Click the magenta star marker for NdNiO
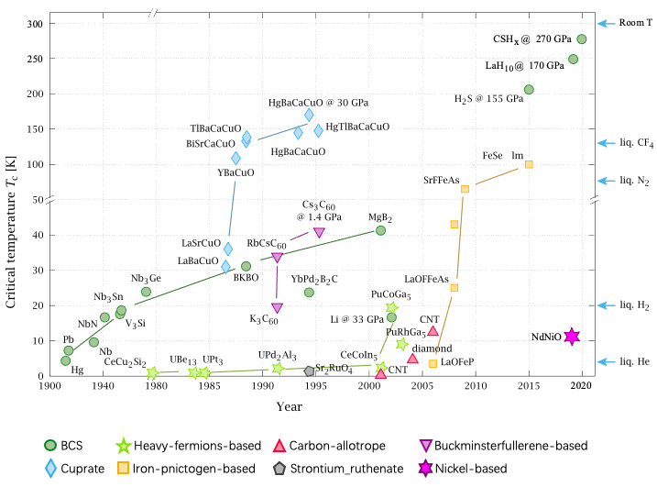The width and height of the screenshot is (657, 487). (x=572, y=337)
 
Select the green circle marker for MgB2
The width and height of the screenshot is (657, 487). (x=380, y=230)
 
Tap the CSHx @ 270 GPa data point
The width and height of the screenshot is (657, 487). (x=582, y=39)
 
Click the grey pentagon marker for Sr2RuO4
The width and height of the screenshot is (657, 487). (x=309, y=371)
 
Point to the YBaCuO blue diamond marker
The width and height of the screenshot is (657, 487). (x=235, y=159)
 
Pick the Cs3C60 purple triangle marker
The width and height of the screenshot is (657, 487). (x=319, y=233)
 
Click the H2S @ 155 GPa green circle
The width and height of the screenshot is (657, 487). (x=529, y=90)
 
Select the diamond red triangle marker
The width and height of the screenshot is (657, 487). (x=412, y=359)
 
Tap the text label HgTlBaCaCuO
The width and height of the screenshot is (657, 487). (x=357, y=127)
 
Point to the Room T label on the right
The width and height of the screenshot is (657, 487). (x=629, y=24)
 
